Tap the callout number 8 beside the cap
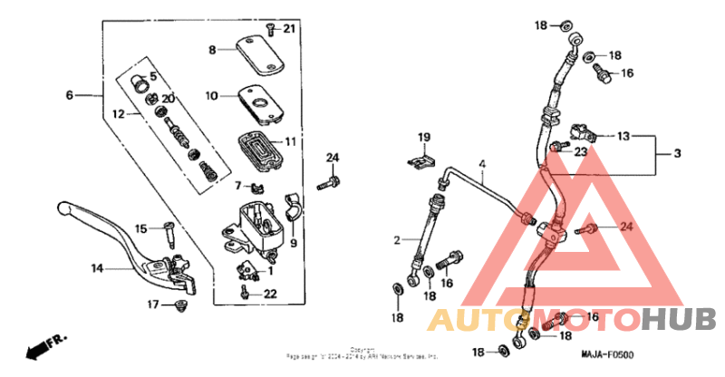point(212,51)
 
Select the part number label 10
point(211,95)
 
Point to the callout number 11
point(290,142)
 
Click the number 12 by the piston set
point(119,114)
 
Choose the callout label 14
point(97,268)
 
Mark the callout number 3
point(676,155)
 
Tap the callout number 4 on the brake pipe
point(483,164)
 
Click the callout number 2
point(397,240)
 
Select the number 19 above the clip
point(423,137)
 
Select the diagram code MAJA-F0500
point(608,355)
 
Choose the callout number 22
point(269,293)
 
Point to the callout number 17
point(154,304)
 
